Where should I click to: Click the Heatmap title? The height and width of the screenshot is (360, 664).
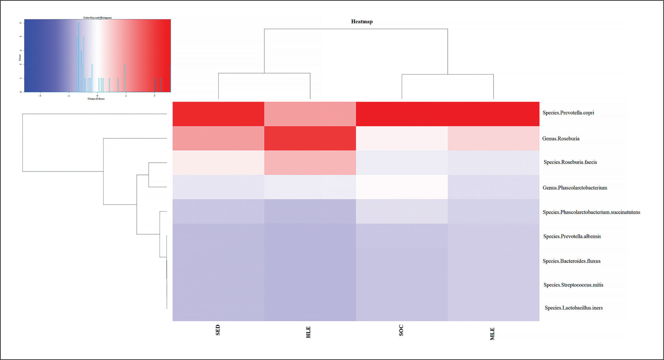[362, 22]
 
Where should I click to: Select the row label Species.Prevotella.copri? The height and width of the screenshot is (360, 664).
[568, 113]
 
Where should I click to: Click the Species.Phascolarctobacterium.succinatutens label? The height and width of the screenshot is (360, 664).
[591, 212]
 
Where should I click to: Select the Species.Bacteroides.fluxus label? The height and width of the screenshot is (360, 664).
[572, 261]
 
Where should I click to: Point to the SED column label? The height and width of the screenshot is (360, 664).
[218, 330]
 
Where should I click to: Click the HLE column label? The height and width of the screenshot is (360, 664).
[308, 332]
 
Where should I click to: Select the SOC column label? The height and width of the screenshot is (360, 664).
[401, 330]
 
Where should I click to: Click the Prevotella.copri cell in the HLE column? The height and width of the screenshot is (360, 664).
[310, 114]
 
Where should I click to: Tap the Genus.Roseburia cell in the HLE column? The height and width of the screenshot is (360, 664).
[310, 138]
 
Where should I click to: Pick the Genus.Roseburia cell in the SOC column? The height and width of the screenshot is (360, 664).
[402, 138]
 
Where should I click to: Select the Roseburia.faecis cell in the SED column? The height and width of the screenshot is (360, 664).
[218, 162]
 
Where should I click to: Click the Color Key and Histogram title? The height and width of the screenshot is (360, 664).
[97, 18]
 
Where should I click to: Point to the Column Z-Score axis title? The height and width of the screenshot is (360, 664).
[96, 99]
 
